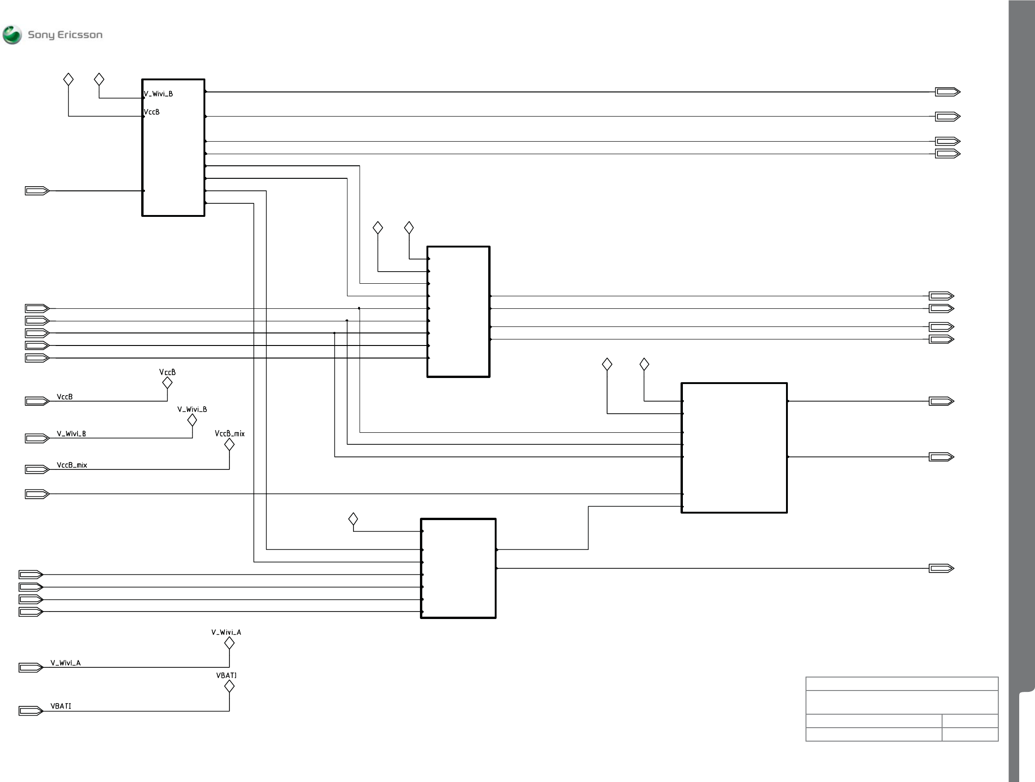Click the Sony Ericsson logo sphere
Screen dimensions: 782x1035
[12, 35]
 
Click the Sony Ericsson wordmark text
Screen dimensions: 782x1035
[65, 35]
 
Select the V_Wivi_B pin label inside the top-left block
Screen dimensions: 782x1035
[158, 94]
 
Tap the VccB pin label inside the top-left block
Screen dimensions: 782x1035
[151, 112]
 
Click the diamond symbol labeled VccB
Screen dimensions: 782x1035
[167, 383]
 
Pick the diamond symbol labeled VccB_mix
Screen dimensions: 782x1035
[229, 445]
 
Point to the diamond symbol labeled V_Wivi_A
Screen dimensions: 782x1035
[229, 643]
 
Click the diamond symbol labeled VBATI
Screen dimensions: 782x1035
[229, 686]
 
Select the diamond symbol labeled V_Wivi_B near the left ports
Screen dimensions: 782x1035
[192, 420]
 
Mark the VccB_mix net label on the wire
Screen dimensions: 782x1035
[72, 465]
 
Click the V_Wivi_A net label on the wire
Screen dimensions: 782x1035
[66, 663]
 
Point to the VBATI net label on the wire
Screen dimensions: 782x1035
[61, 706]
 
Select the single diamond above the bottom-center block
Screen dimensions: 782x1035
[353, 519]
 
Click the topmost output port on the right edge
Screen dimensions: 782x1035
[948, 92]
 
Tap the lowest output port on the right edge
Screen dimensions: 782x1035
[941, 568]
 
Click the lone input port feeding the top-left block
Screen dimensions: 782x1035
[37, 191]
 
